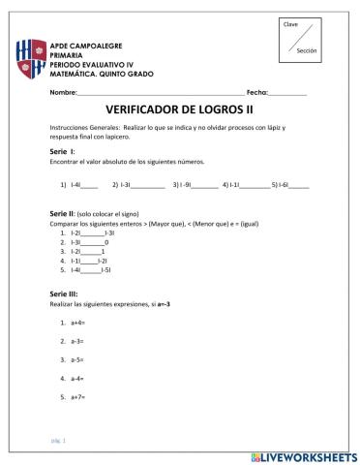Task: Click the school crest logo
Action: click(31, 61)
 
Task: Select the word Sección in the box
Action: click(307, 50)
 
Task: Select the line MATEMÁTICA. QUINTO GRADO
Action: click(101, 74)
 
